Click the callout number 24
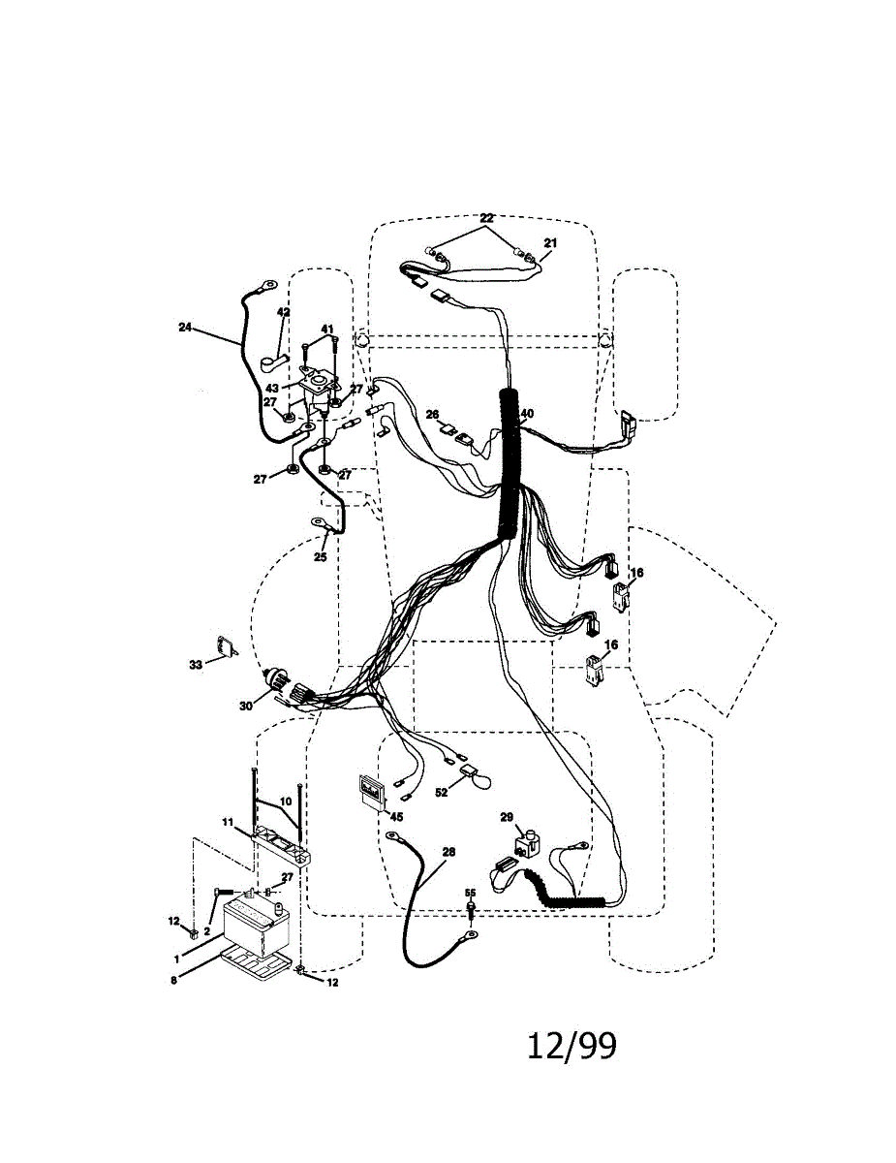(185, 327)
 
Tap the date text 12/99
(572, 1046)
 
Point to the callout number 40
(527, 414)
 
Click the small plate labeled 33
(228, 647)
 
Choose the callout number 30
(246, 707)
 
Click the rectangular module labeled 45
(369, 791)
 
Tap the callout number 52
(442, 793)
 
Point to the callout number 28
(448, 852)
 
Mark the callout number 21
(550, 242)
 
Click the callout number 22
(486, 217)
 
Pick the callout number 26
(432, 414)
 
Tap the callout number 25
(321, 557)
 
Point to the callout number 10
(286, 802)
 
